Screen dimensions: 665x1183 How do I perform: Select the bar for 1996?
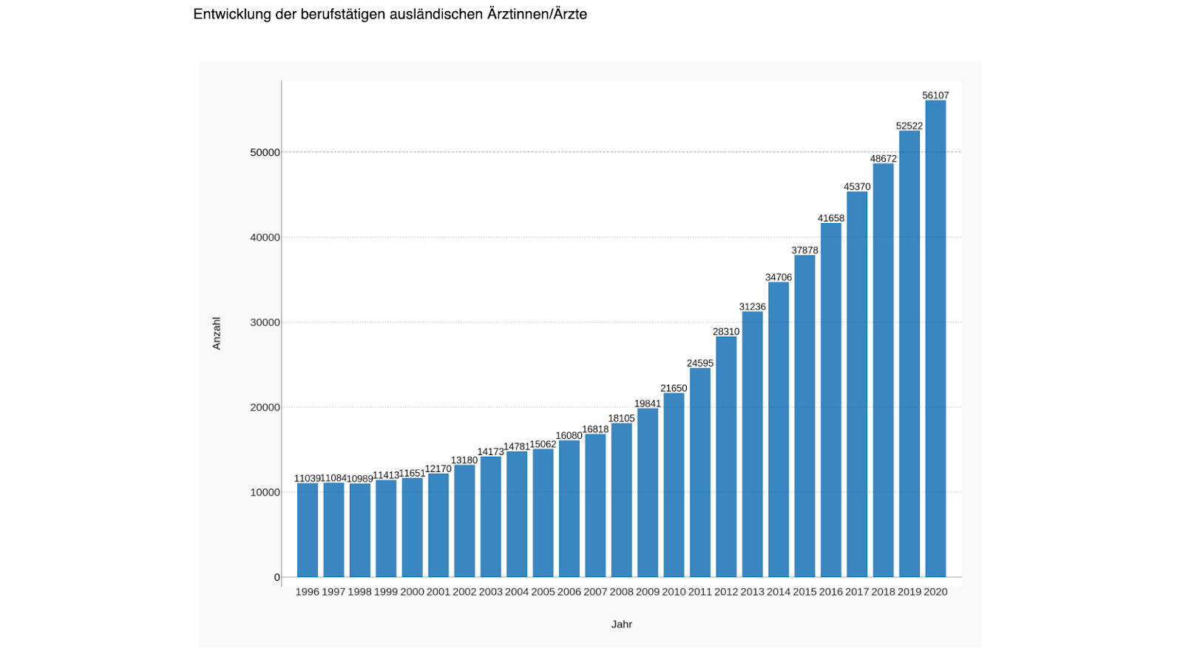308,530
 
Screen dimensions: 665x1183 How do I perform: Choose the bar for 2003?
491,516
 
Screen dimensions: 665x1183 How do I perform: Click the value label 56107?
935,95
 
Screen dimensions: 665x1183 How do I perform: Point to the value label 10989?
360,479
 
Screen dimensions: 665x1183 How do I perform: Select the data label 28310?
726,332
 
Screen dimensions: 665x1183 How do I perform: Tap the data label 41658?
831,218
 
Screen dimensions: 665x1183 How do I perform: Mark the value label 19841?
648,403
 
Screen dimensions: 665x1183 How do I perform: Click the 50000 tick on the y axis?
265,152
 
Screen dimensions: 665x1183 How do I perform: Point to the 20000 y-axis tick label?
265,407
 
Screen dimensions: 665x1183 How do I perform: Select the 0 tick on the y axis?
277,577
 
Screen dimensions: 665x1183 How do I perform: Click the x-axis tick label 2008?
622,592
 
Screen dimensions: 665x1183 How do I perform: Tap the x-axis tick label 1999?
386,592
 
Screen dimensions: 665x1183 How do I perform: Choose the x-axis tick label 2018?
883,592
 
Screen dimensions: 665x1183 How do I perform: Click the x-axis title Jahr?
622,624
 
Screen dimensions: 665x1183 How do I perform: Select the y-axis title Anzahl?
217,333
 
